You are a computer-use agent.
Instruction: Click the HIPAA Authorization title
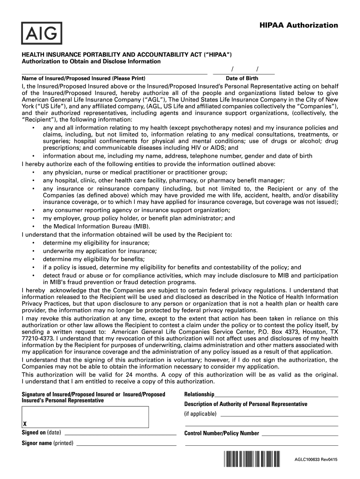299,25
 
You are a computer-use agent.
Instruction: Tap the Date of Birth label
242,79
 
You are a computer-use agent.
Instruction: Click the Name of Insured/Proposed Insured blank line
114,73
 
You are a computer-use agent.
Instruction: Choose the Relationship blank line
276,397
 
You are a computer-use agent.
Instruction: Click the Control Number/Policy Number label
222,433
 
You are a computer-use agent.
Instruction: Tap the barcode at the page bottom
252,459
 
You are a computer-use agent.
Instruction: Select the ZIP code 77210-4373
37,338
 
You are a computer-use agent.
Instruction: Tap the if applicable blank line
279,415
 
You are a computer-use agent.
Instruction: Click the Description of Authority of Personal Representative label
246,404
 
